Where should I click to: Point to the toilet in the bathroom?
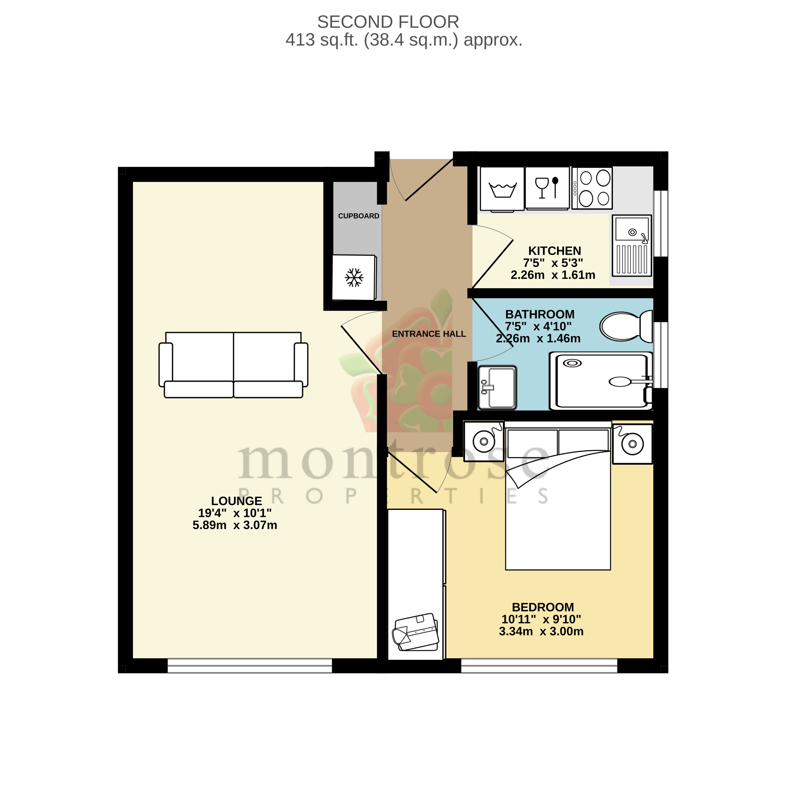[x=625, y=326]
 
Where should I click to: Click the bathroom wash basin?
[x=497, y=387]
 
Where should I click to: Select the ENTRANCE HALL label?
[x=429, y=334]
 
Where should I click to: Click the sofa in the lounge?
[x=233, y=364]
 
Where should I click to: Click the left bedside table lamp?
[x=484, y=441]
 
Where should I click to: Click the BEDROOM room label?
[x=543, y=607]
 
